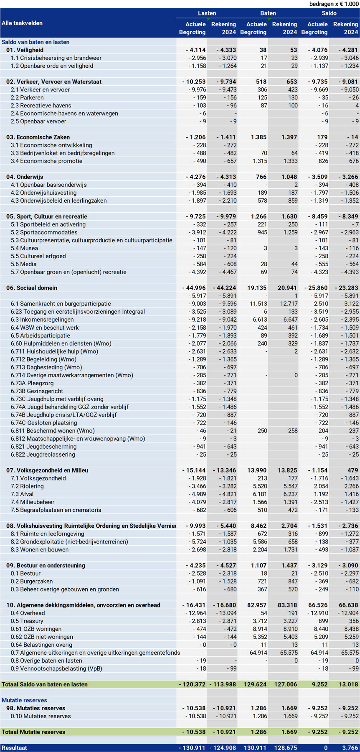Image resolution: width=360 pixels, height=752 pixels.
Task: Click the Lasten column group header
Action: pyautogui.click(x=207, y=13)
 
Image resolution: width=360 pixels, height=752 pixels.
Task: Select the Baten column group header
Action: pyautogui.click(x=268, y=13)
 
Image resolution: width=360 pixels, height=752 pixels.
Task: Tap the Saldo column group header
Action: pyautogui.click(x=329, y=13)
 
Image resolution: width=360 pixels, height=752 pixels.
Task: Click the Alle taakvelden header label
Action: pyautogui.click(x=22, y=23)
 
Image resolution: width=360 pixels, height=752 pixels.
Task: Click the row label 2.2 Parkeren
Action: pyautogui.click(x=27, y=98)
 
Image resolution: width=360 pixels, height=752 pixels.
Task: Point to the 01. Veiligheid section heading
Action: pyautogui.click(x=25, y=50)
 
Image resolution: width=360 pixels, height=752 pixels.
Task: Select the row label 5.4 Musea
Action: pyautogui.click(x=24, y=248)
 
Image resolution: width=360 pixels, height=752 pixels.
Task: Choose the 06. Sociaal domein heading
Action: pyautogui.click(x=32, y=288)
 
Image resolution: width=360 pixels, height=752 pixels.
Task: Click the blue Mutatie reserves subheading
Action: pyautogui.click(x=24, y=700)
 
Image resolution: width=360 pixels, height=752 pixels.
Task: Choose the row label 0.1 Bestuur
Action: pyautogui.click(x=25, y=574)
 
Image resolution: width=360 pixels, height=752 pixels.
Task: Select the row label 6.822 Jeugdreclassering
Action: pyautogui.click(x=43, y=455)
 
